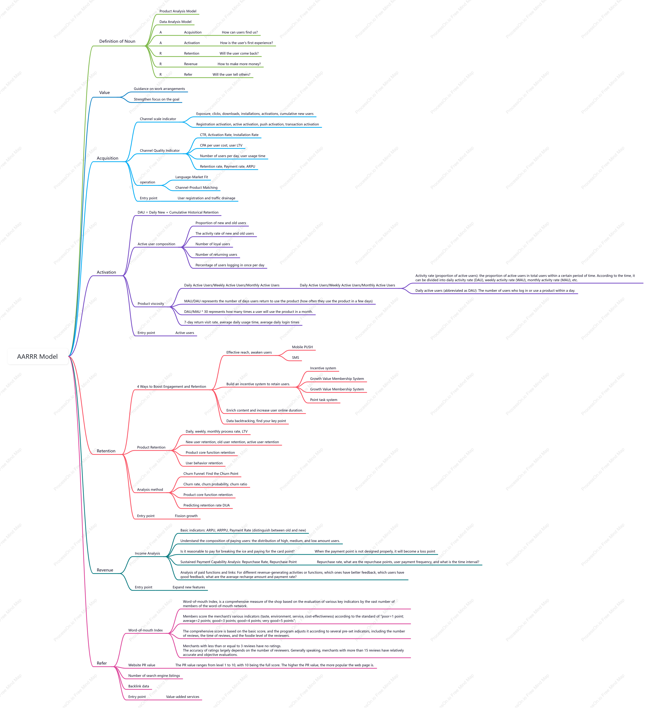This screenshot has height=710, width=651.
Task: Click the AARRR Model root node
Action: point(37,357)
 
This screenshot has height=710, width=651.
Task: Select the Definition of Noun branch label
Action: point(117,41)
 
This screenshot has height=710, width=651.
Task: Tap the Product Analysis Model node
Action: point(178,11)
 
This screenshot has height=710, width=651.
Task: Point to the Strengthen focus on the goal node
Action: point(156,99)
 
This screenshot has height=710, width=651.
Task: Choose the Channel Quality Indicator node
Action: point(160,150)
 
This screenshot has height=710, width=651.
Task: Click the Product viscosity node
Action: point(151,304)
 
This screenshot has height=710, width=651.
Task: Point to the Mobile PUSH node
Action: point(302,347)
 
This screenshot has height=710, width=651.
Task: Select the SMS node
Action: point(296,358)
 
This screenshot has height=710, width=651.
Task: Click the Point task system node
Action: point(324,400)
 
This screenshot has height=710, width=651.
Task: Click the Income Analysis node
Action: point(147,554)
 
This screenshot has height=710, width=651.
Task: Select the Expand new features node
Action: point(189,587)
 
